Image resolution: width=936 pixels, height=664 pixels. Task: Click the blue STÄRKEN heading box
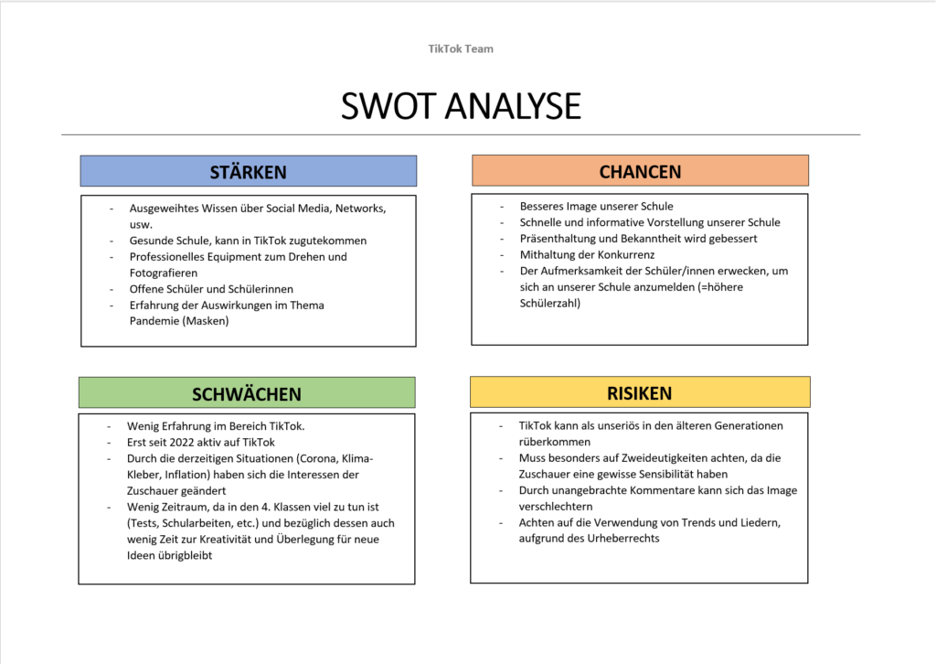(x=248, y=172)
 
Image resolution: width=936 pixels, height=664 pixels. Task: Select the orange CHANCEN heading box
(x=640, y=172)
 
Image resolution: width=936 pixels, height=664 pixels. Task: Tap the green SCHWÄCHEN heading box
(x=247, y=394)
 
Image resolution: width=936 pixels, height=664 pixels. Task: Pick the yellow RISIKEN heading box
(x=640, y=393)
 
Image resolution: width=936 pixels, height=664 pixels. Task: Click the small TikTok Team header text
(x=461, y=48)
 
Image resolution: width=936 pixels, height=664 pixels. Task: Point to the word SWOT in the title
(x=384, y=106)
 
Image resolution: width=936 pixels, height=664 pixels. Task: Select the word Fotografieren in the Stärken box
(x=164, y=273)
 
